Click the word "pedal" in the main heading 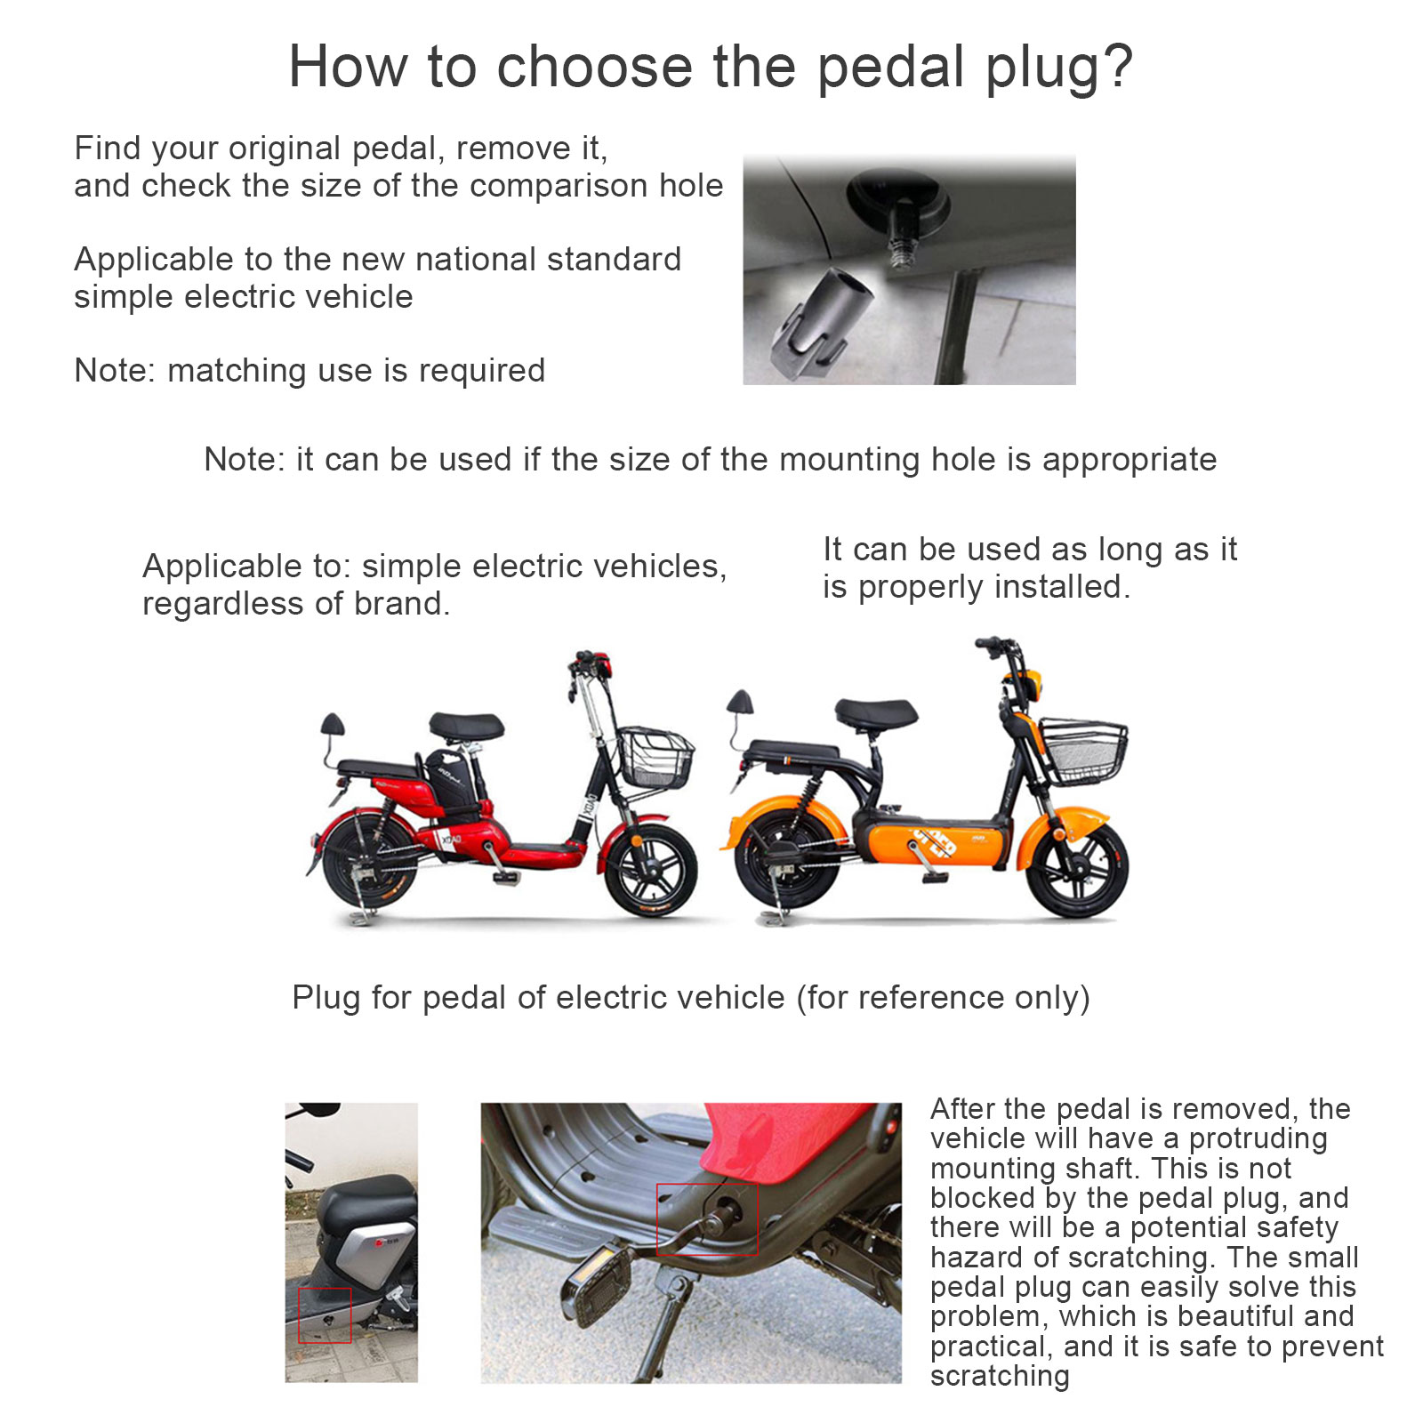point(890,68)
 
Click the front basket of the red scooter point(656,757)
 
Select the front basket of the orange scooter point(1083,752)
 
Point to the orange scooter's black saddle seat point(876,712)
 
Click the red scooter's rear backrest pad point(333,724)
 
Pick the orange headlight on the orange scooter point(1032,686)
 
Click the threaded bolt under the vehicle point(900,245)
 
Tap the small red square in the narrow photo point(325,1314)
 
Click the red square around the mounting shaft point(707,1218)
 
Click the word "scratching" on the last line point(1000,1377)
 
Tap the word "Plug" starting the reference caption point(326,999)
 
